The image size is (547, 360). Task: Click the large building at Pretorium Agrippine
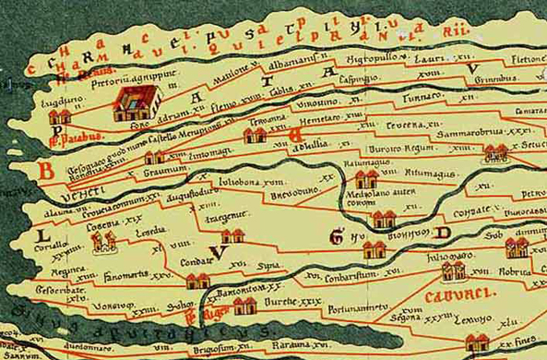tap(126, 105)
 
